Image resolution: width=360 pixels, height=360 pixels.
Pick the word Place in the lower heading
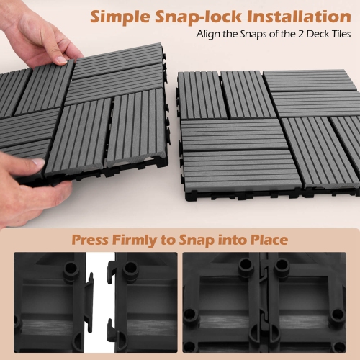[x=264, y=240]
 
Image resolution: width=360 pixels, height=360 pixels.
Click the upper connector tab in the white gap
[x=91, y=277]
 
